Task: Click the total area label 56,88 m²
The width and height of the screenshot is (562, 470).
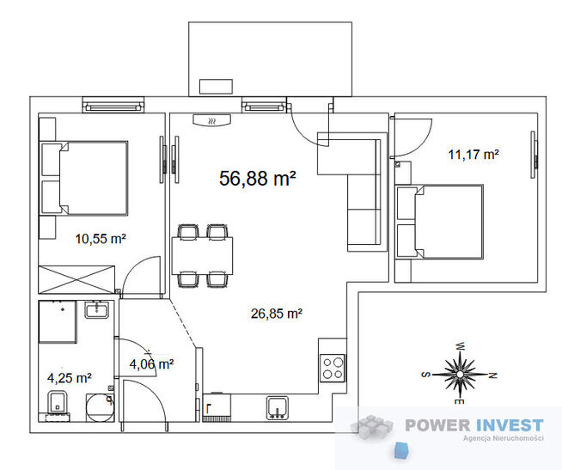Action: [x=257, y=178]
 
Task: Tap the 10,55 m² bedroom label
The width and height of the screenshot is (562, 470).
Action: [x=101, y=238]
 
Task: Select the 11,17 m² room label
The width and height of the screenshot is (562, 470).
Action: [x=473, y=155]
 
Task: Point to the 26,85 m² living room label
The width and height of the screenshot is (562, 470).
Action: [x=277, y=314]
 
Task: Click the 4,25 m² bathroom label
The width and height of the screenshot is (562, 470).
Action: [x=70, y=378]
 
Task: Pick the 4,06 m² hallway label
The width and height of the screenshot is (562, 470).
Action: [x=151, y=364]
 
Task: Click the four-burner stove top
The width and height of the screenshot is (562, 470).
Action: [x=333, y=369]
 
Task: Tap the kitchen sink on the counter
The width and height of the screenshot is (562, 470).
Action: [x=277, y=407]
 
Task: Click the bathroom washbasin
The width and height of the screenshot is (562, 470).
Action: [x=97, y=309]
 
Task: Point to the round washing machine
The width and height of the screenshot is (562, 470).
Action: [x=100, y=407]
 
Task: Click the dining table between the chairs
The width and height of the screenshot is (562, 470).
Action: [x=202, y=255]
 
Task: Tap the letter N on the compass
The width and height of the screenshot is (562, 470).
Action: [x=493, y=375]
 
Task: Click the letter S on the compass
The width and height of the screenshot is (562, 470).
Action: [x=426, y=375]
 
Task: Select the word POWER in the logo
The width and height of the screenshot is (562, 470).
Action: [x=437, y=425]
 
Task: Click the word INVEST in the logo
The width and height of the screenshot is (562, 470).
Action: [x=509, y=425]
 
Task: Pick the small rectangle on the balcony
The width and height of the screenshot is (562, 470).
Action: [x=216, y=87]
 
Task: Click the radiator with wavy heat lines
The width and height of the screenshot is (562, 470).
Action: [x=212, y=120]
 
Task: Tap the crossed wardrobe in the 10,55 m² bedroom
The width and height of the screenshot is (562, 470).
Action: [x=76, y=279]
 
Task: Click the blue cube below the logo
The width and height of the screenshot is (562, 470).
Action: [x=402, y=450]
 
